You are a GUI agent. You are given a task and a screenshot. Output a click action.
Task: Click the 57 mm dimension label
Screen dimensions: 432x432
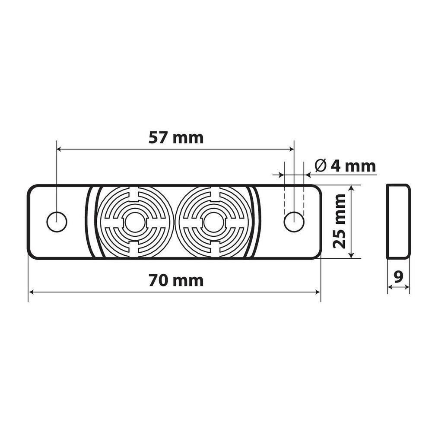click(176, 138)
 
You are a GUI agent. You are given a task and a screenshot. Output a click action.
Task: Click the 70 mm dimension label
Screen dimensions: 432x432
click(176, 280)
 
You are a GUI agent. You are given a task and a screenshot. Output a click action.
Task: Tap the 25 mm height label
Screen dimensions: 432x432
click(339, 221)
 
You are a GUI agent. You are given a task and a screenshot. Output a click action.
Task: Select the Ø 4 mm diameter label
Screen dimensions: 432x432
click(345, 166)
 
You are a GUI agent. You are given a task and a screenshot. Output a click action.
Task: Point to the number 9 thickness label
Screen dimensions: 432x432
click(398, 277)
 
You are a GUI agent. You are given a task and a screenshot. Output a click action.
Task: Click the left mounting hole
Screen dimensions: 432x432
click(57, 222)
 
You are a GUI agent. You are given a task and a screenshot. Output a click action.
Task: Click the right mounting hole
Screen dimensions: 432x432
click(294, 222)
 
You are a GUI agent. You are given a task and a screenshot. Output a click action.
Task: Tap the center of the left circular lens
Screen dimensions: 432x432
click(136, 222)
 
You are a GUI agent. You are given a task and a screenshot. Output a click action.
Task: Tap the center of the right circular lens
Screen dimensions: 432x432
click(213, 222)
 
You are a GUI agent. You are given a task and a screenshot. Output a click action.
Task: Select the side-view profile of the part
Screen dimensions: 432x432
click(398, 222)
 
